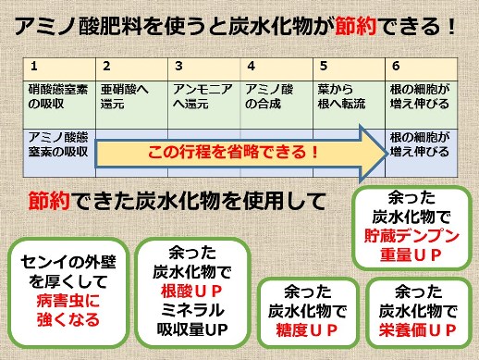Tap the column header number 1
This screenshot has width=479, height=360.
[33, 67]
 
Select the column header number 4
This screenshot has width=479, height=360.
[251, 67]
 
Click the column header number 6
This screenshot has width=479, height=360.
[396, 67]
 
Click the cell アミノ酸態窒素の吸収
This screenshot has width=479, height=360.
[60, 143]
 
